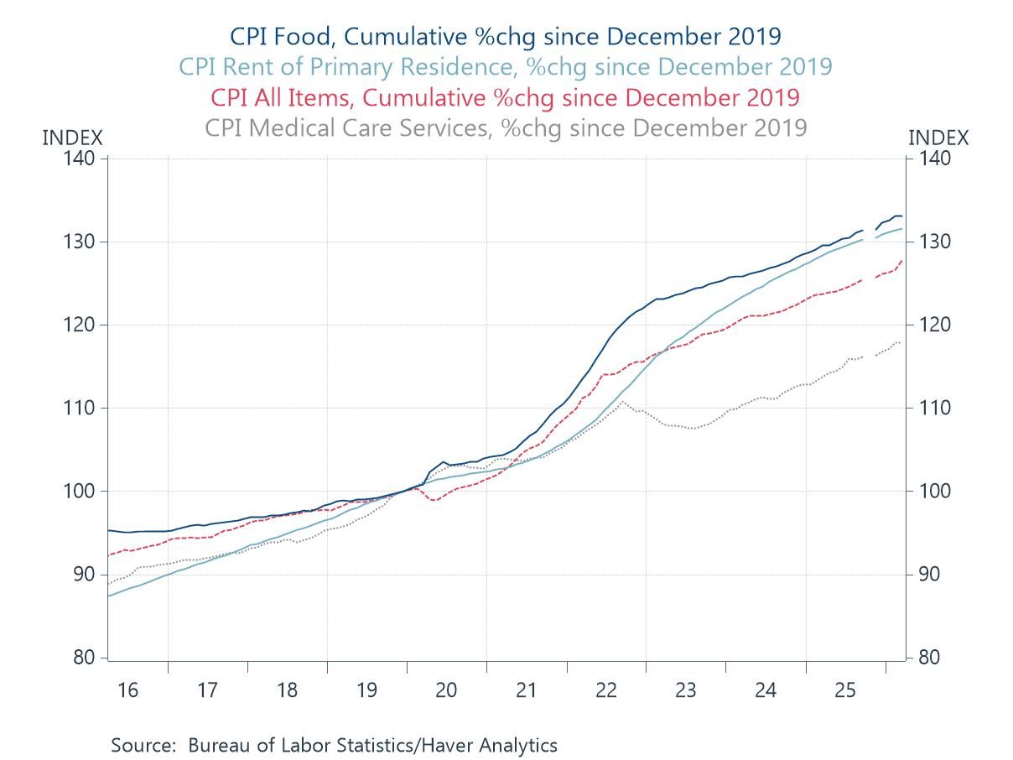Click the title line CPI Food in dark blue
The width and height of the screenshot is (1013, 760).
pos(506,37)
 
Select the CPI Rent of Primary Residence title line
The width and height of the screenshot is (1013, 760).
pos(506,66)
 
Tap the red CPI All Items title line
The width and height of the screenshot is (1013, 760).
pos(506,96)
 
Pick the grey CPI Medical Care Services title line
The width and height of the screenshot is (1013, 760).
pos(506,128)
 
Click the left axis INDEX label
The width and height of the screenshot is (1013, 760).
pos(72,138)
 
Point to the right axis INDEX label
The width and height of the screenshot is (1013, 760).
pos(938,138)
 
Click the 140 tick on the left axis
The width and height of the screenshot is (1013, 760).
pos(84,159)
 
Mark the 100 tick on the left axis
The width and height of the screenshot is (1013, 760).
pos(84,492)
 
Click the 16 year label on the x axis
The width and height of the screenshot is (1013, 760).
pos(127,690)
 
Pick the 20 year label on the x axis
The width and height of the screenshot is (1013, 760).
pos(446,690)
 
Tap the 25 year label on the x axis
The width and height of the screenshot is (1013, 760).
pos(845,690)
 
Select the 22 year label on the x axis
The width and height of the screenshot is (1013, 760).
pos(605,690)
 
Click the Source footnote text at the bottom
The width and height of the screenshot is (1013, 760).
pos(334,744)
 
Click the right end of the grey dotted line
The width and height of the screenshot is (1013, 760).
pos(901,341)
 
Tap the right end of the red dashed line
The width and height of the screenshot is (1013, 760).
pos(902,260)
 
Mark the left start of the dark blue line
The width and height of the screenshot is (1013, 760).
pos(108,529)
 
